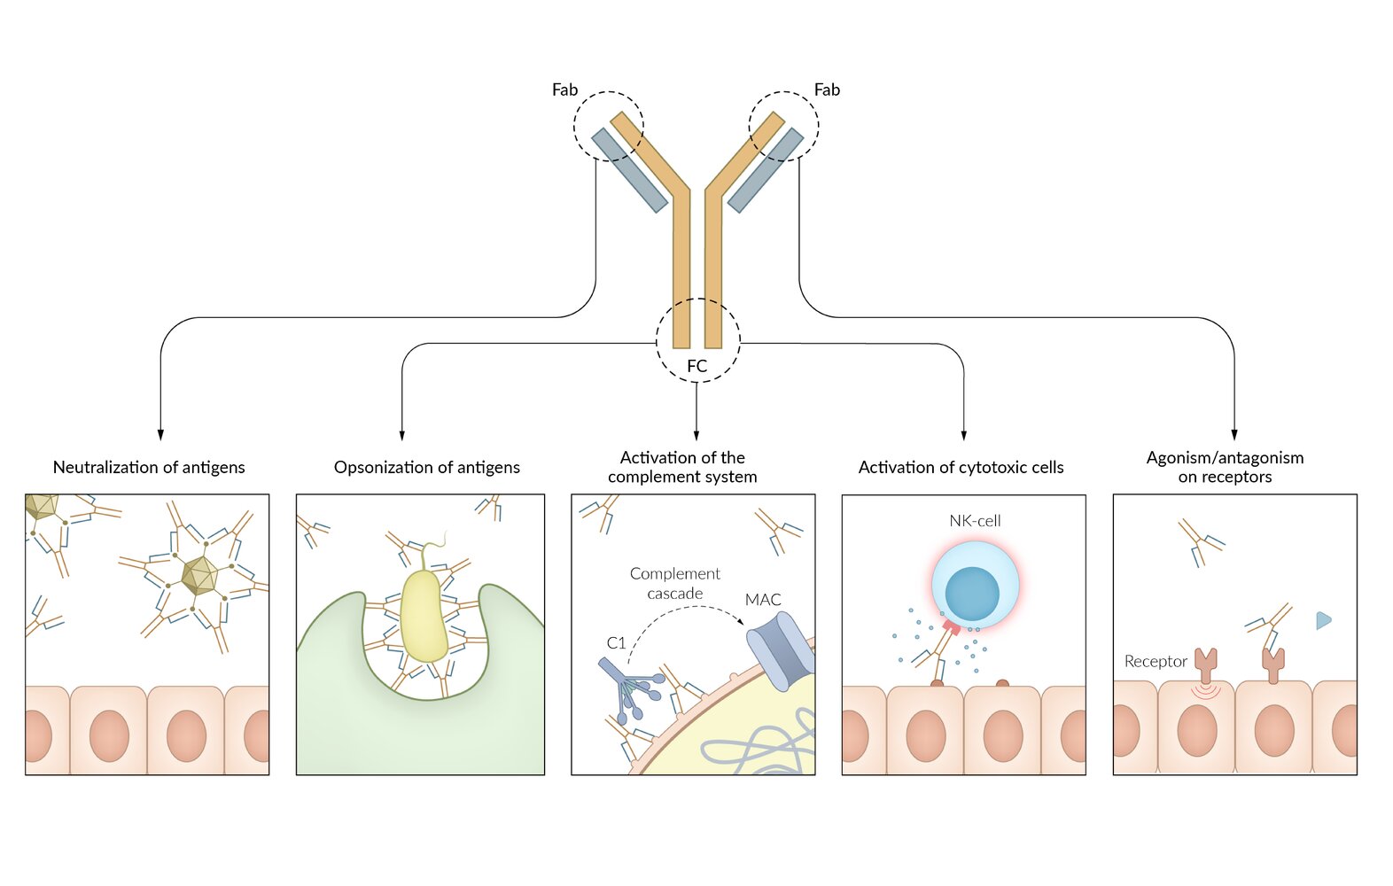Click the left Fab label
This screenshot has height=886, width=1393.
pos(564,89)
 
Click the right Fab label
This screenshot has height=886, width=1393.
pos(827,89)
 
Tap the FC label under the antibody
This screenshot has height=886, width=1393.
pos(696,366)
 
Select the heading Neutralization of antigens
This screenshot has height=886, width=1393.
pos(149,467)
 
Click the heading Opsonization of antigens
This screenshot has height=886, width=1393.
pos(426,467)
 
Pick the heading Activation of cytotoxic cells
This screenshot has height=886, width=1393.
pos(961,467)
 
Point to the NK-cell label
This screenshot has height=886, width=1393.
pos(975,521)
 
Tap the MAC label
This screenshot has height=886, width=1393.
pos(763,600)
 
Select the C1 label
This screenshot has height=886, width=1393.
pos(616,642)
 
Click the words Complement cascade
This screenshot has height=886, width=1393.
pos(675,583)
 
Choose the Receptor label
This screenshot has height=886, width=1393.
pos(1156,661)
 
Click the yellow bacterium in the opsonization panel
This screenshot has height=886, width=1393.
pos(424,616)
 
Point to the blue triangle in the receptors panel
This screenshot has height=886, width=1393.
pos(1323,620)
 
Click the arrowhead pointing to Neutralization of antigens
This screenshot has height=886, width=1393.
pos(160,434)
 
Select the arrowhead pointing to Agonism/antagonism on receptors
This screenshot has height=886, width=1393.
pos(1234,434)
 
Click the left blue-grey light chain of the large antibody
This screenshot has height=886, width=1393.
pos(629,170)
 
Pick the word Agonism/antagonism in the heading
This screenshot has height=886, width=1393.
pos(1225,457)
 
